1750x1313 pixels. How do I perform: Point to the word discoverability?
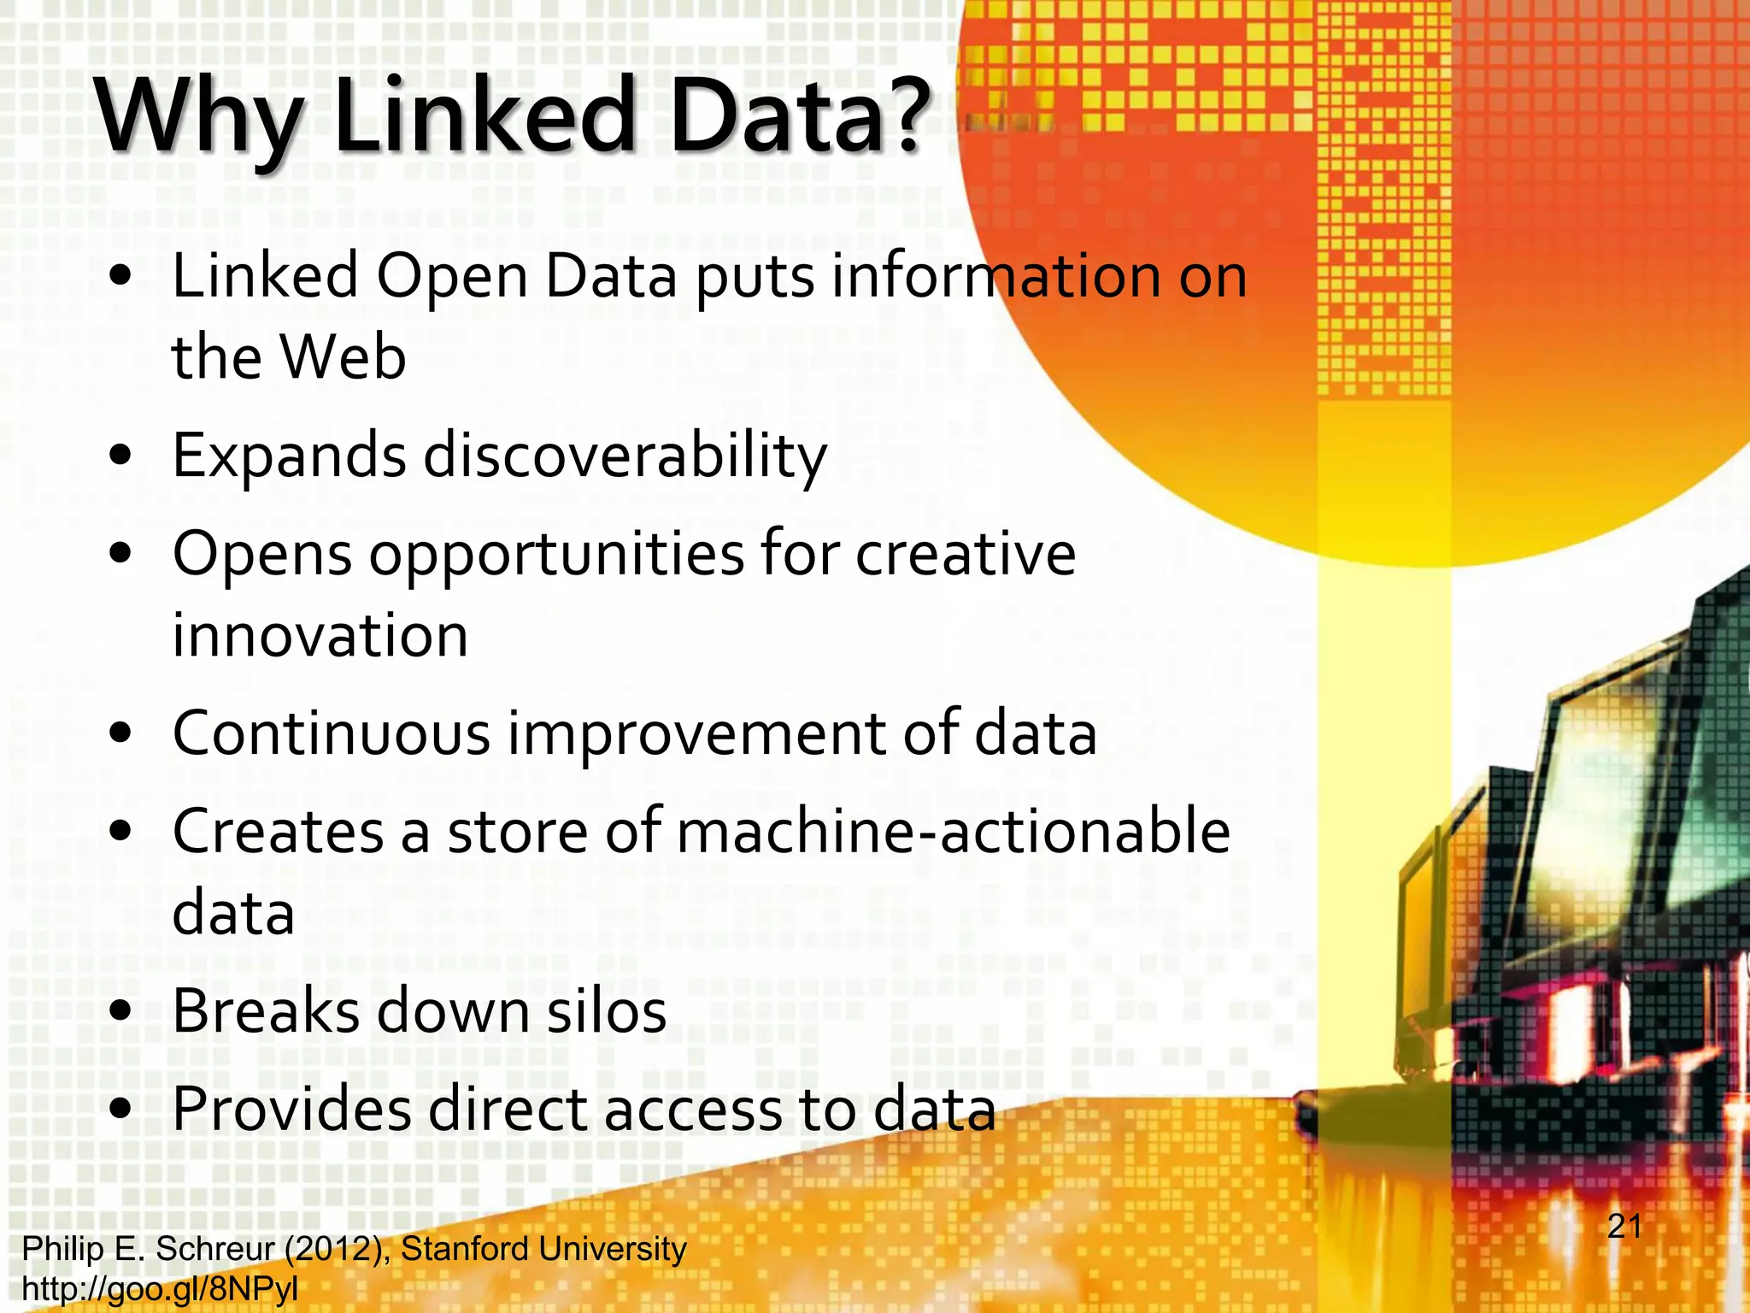[625, 456]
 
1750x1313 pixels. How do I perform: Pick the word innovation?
[320, 635]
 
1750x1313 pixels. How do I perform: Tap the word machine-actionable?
[954, 831]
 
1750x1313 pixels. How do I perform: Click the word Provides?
[291, 1109]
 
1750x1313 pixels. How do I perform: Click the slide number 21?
[1624, 1227]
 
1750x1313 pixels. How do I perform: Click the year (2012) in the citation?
[333, 1249]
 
